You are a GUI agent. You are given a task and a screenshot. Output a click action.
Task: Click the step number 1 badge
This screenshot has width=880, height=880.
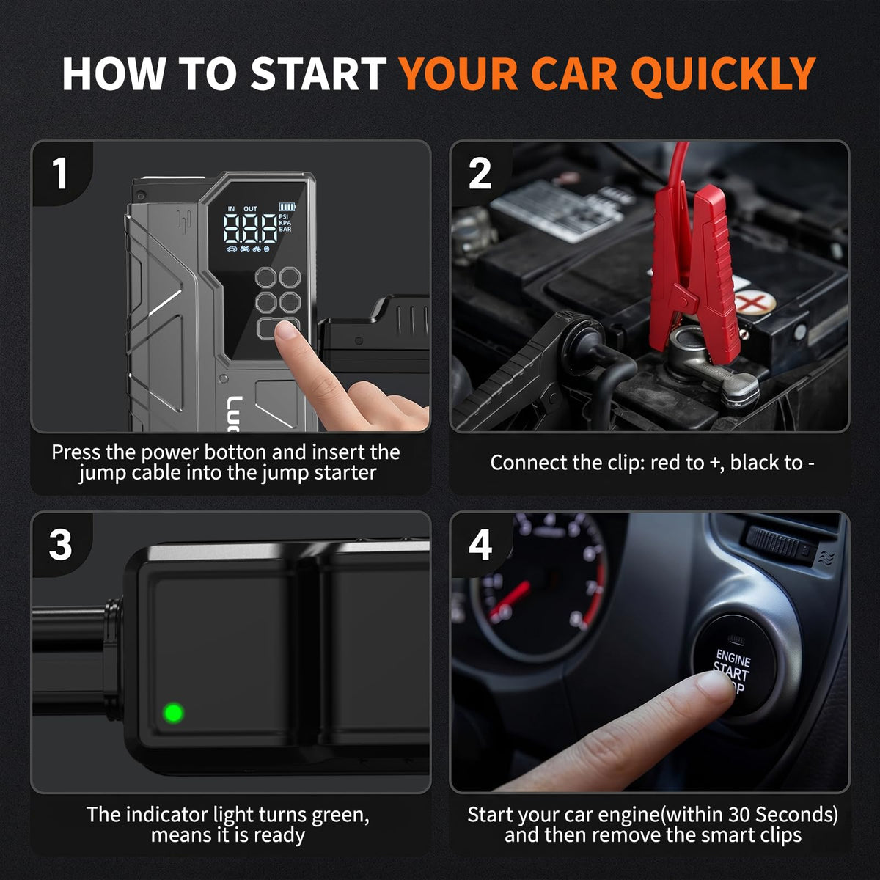(x=60, y=174)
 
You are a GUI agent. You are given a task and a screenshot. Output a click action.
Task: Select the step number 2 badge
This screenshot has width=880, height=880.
(x=480, y=174)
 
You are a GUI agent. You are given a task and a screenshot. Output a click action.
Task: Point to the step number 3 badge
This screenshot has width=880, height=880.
(x=60, y=544)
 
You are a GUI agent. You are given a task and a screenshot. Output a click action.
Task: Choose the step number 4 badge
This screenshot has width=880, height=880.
(x=480, y=544)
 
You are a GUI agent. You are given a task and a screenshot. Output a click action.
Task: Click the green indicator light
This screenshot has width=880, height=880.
(x=174, y=712)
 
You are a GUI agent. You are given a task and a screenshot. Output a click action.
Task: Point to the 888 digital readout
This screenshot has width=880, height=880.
(x=250, y=228)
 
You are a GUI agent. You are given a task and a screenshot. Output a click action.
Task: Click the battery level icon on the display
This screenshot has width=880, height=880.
(x=287, y=207)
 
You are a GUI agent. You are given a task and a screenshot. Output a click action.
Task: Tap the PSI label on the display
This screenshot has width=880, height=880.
(x=284, y=216)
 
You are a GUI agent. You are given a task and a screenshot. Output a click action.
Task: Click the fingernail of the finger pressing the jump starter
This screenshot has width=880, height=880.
(x=286, y=331)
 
